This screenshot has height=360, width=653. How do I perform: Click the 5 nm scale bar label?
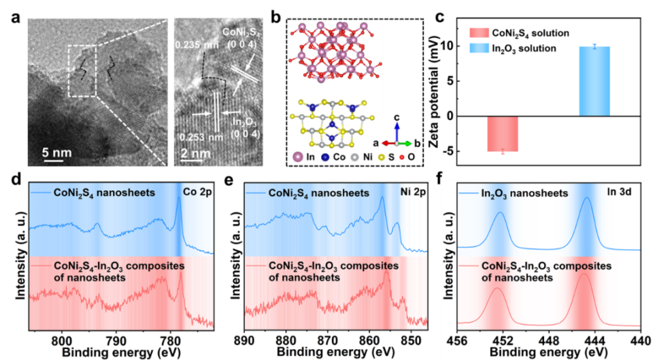(x=57, y=152)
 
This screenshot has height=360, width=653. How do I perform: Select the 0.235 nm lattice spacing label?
(x=192, y=45)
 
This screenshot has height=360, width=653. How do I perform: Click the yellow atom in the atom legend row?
(x=381, y=157)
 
